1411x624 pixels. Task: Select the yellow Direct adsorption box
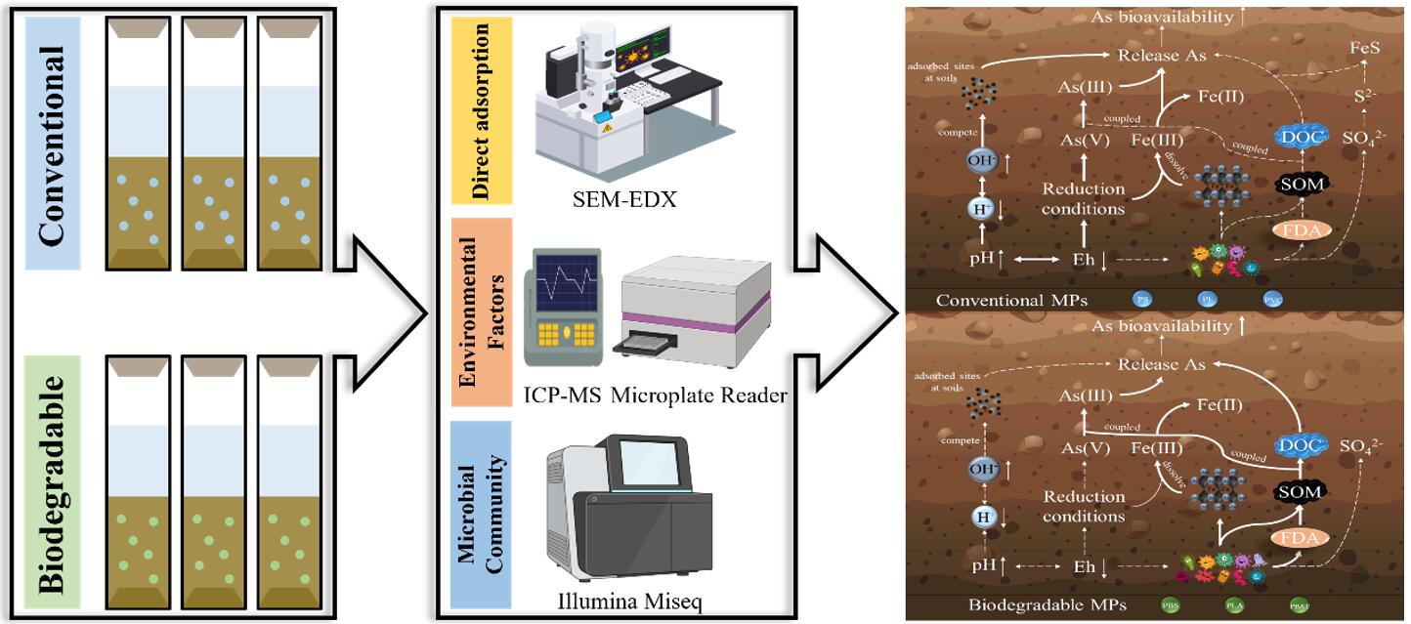(x=479, y=109)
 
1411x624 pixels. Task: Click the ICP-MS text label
(x=561, y=395)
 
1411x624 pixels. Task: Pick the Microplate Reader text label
(x=699, y=395)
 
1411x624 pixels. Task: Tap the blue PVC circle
(x=1272, y=300)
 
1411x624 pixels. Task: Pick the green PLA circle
(x=1235, y=605)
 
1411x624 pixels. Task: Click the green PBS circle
(x=1171, y=605)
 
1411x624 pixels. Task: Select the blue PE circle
(x=1207, y=300)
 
